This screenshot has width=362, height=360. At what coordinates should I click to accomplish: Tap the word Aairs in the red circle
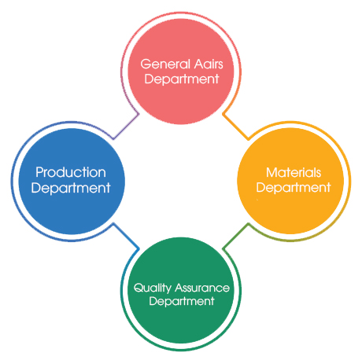pos(209,64)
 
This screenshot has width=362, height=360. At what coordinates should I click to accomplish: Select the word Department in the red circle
pos(182,79)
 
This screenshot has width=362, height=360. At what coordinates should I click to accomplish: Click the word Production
pos(71,172)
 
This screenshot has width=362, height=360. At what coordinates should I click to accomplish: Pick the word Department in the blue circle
pos(71,188)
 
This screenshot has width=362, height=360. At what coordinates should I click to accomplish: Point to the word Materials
pos(294,172)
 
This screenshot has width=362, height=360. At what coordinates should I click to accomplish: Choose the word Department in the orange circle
pos(294,188)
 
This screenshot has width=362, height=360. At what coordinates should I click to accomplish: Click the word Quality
pos(153,288)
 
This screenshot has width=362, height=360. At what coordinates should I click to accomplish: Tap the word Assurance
pos(202,288)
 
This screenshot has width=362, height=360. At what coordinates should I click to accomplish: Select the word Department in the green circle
pos(182,301)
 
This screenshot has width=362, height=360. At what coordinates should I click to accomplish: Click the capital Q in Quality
pos(139,288)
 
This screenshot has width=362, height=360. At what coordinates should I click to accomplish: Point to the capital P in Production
pos(39,172)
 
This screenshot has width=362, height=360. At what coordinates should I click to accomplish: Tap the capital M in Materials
pos(271,173)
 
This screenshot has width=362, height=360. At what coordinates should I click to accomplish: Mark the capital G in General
pos(146,64)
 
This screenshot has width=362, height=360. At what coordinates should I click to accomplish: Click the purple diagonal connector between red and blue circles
pos(126,126)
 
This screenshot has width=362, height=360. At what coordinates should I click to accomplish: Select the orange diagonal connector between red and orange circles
pos(235,127)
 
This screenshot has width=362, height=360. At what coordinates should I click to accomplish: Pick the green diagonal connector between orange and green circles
pos(235,236)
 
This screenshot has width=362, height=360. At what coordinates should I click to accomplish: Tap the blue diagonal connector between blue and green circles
pos(126,236)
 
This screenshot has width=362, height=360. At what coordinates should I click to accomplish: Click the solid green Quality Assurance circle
pos(181,290)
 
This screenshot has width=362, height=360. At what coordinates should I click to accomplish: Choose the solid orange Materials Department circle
pos(290,181)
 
